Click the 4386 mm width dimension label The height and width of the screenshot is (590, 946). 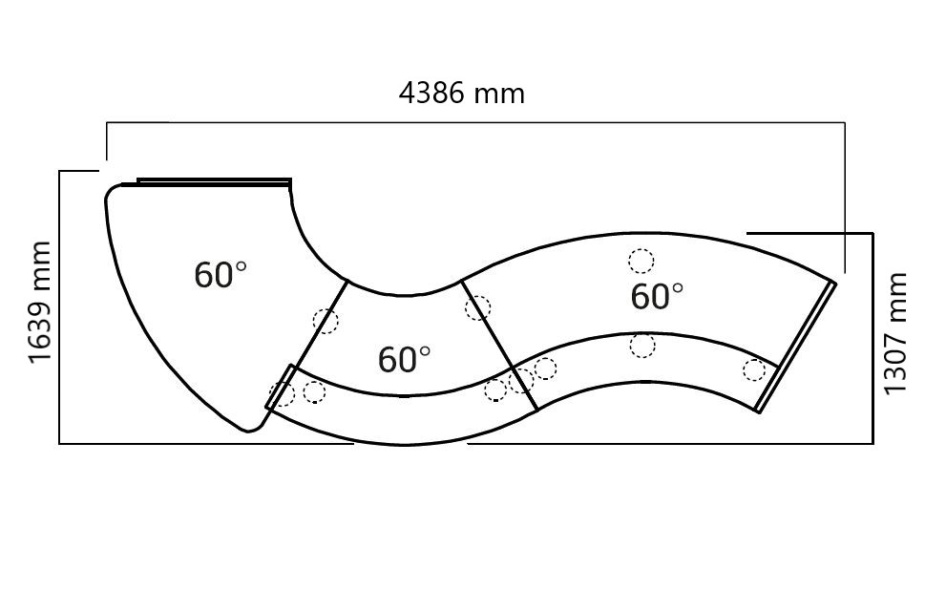click(x=461, y=94)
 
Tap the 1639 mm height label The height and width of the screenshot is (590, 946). click(x=40, y=303)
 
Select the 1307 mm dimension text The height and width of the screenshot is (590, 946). click(x=894, y=333)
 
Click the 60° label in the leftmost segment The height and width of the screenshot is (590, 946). click(x=221, y=275)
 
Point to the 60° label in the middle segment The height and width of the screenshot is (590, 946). click(x=404, y=359)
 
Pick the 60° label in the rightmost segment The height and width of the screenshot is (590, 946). click(x=657, y=296)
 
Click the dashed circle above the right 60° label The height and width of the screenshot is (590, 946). click(x=641, y=262)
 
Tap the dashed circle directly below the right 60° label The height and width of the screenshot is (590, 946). click(x=642, y=346)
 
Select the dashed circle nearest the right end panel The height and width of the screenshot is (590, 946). click(x=754, y=369)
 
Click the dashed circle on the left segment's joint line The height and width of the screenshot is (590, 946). click(x=326, y=321)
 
